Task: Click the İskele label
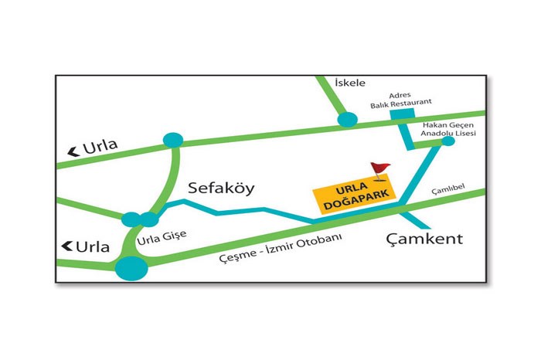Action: click(349, 83)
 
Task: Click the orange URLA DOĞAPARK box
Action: click(353, 197)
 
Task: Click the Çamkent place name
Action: click(424, 239)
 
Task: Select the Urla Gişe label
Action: click(161, 238)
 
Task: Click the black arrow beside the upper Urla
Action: click(74, 151)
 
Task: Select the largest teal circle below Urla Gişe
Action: click(131, 268)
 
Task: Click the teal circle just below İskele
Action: click(348, 119)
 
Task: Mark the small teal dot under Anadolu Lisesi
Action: click(447, 141)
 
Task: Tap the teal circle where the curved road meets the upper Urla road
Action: click(172, 140)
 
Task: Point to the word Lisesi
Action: click(464, 133)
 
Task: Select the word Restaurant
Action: click(410, 101)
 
